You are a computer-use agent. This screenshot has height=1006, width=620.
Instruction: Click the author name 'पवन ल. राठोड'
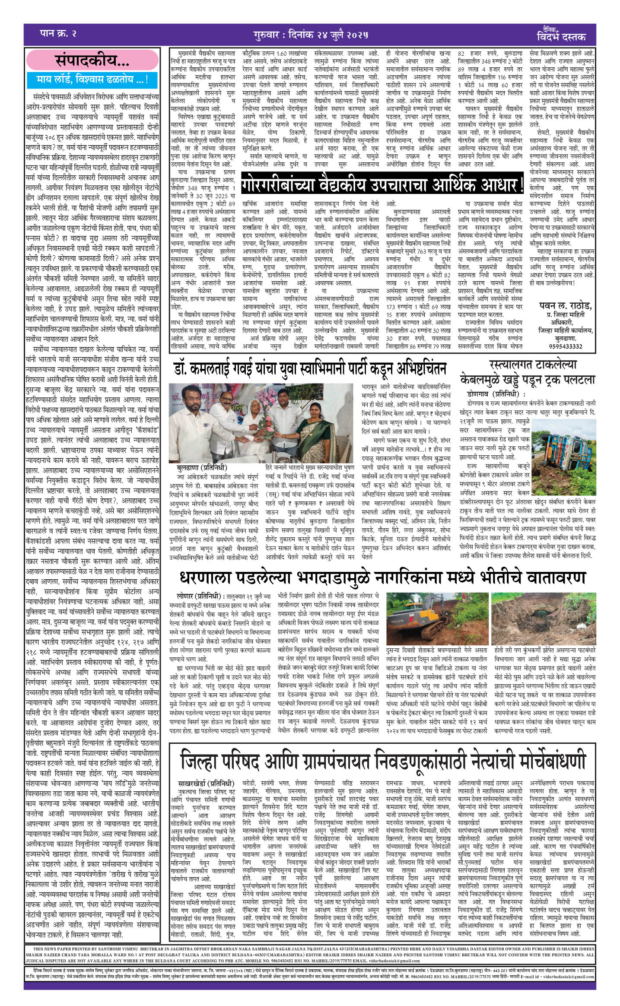pyautogui.click(x=566, y=306)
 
